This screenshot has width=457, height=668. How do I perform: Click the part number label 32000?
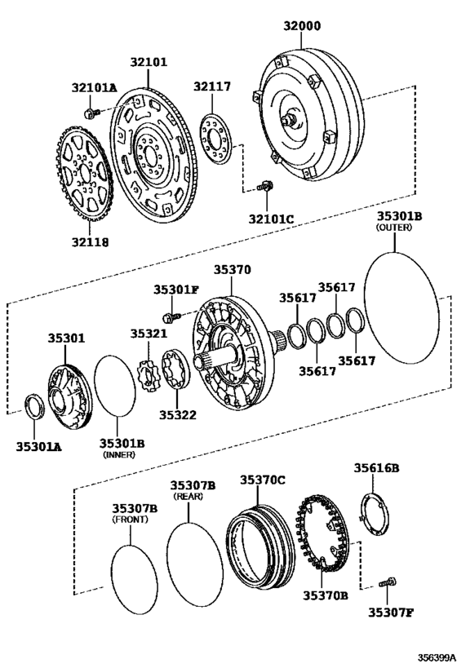pyautogui.click(x=302, y=25)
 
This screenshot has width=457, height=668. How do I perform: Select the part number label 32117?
pyautogui.click(x=211, y=86)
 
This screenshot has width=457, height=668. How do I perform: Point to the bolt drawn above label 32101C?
pyautogui.click(x=264, y=187)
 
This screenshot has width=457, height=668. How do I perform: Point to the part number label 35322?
pyautogui.click(x=177, y=414)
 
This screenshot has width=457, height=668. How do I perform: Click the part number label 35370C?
pyautogui.click(x=262, y=480)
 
